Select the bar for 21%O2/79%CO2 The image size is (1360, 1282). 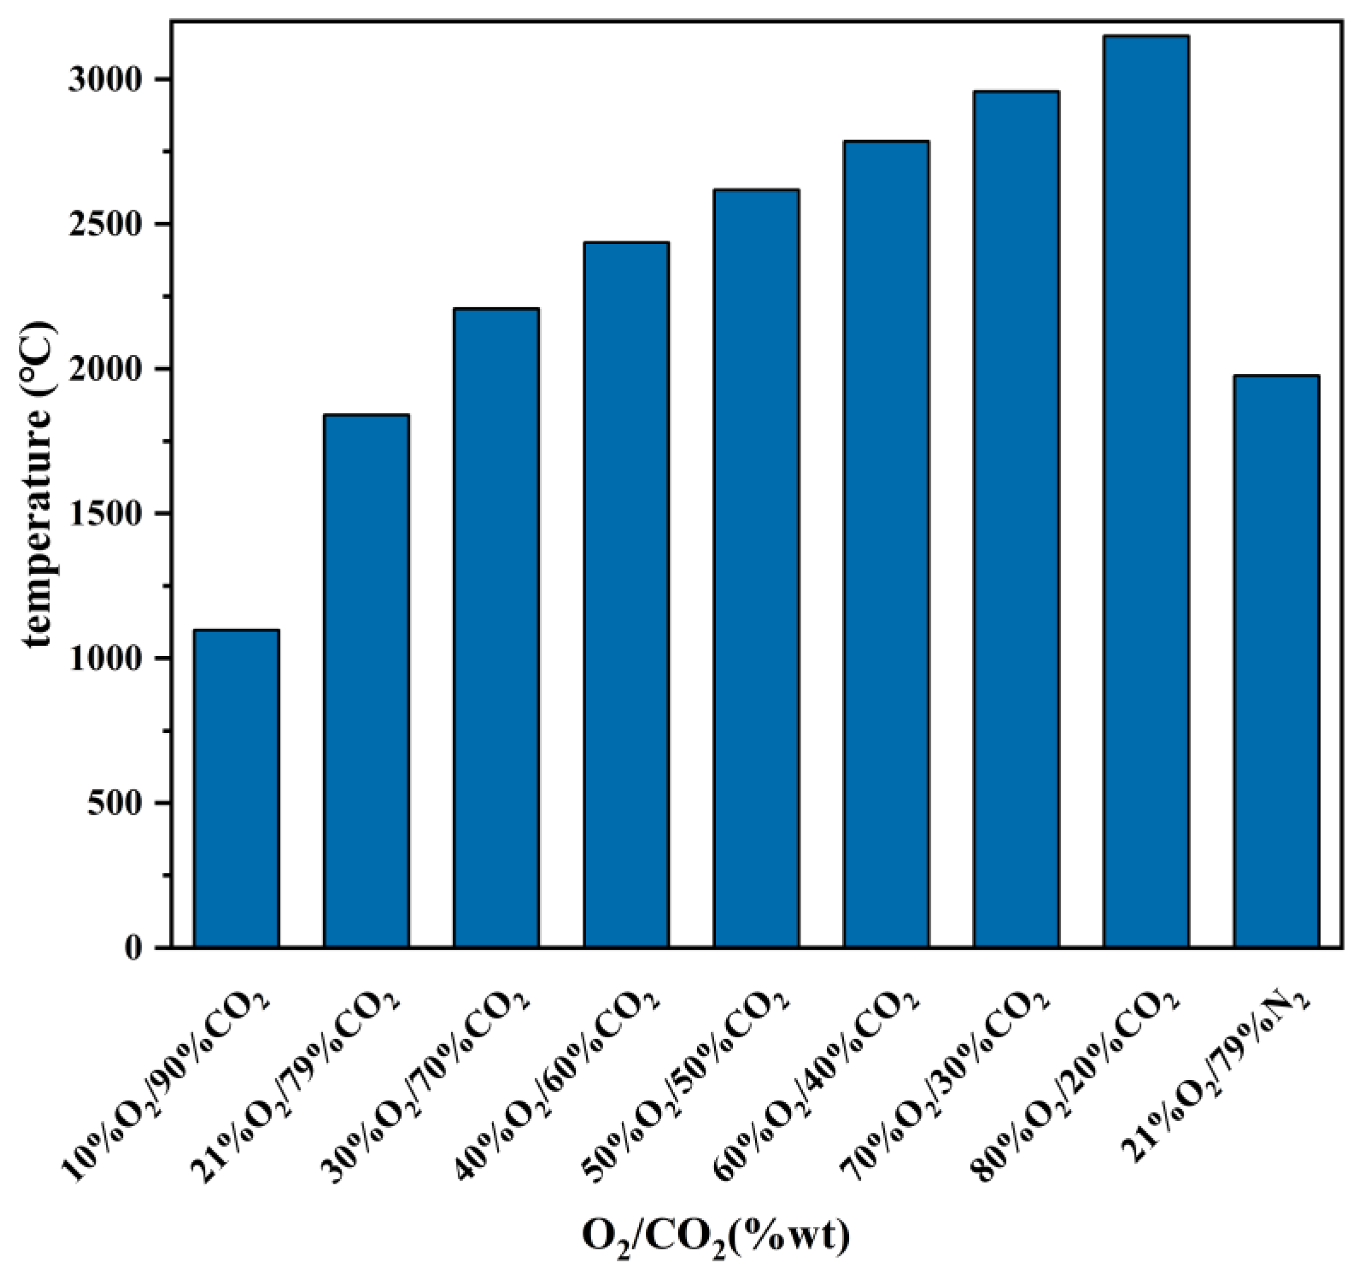click(366, 681)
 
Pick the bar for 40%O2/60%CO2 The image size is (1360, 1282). click(626, 595)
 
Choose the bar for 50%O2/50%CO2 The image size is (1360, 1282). click(756, 568)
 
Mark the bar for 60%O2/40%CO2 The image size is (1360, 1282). click(886, 544)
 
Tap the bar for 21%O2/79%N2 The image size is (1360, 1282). click(1276, 661)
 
